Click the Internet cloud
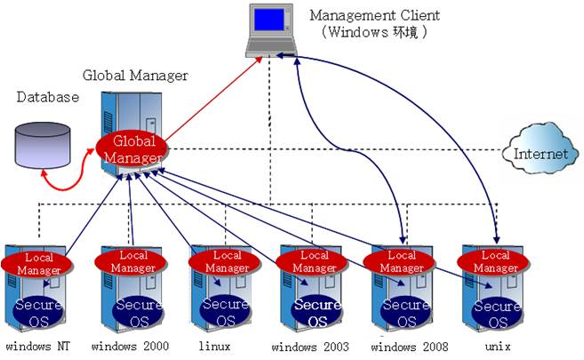(539, 153)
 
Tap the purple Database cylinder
(44, 142)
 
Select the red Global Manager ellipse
(133, 149)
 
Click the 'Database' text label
(48, 97)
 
